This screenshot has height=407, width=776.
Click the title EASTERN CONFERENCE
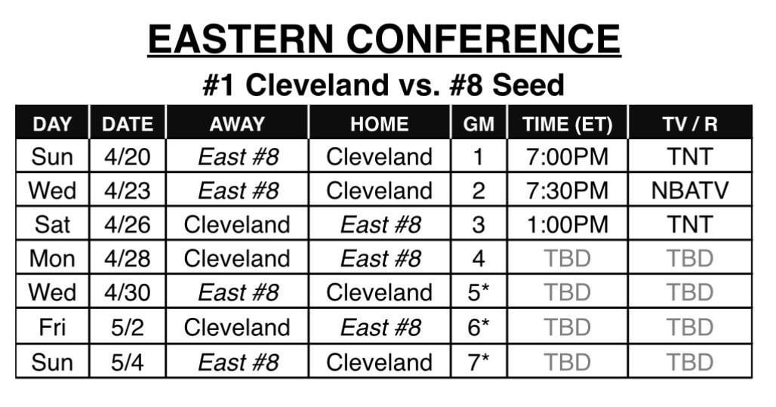point(383,39)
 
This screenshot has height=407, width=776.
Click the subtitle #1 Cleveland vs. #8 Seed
point(383,85)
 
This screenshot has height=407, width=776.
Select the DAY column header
point(52,124)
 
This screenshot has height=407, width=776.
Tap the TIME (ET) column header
point(567,124)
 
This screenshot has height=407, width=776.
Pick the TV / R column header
point(690,124)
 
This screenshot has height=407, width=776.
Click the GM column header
point(478,124)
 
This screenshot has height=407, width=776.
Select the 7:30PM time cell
point(567,190)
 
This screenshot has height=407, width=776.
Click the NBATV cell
point(690,190)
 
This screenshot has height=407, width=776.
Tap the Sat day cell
point(52,224)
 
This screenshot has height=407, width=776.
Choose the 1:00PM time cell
point(567,224)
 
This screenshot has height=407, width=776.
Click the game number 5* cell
point(478,292)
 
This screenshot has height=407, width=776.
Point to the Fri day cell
point(52,327)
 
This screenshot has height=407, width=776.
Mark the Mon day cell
point(52,258)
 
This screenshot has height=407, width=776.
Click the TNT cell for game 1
point(690,156)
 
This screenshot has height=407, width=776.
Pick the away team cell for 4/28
point(237,258)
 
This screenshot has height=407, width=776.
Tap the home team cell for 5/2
point(380,327)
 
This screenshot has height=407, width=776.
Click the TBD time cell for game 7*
point(567,362)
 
